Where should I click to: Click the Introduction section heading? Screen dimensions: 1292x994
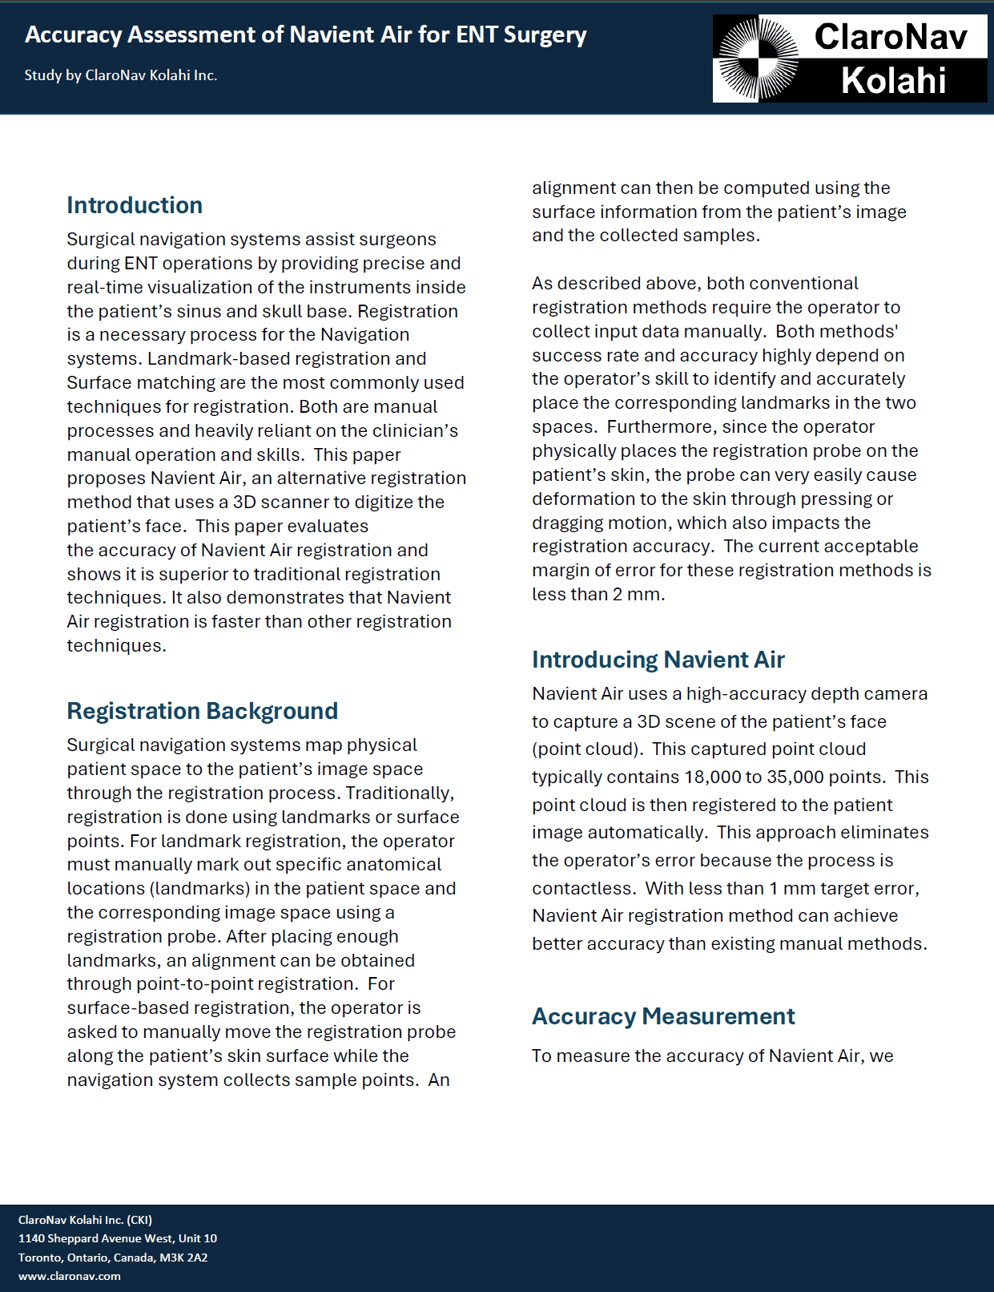[x=135, y=205]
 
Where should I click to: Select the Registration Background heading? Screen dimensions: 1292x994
[x=202, y=711]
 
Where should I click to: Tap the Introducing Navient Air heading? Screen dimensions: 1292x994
[x=658, y=660]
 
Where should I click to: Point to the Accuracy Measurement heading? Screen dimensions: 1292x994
[x=663, y=1016]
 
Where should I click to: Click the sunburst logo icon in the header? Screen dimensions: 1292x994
[x=757, y=59]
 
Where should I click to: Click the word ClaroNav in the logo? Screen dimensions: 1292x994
[x=891, y=37]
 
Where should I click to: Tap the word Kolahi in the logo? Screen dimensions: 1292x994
[x=893, y=81]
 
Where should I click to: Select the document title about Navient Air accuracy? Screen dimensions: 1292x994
[x=305, y=34]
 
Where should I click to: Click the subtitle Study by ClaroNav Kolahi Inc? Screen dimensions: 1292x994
[x=121, y=75]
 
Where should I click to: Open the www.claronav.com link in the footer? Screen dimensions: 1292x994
[x=70, y=1276]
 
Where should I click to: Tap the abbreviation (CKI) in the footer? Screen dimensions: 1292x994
[x=139, y=1220]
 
